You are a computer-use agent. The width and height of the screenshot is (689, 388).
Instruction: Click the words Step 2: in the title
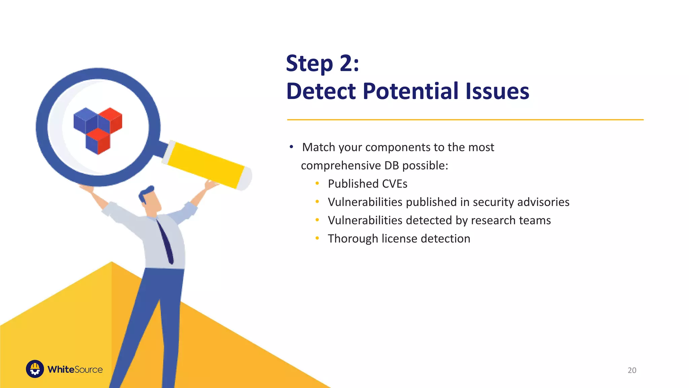[322, 63]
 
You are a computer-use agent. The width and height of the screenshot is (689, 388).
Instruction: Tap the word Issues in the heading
[497, 91]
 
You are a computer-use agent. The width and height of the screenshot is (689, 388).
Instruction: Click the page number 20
[632, 370]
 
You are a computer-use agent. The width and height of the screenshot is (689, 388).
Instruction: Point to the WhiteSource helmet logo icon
[35, 369]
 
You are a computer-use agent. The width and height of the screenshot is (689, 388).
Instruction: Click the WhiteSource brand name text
[75, 369]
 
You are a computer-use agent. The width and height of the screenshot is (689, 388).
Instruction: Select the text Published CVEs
[367, 184]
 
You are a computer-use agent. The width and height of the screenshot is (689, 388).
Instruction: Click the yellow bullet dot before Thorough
[317, 238]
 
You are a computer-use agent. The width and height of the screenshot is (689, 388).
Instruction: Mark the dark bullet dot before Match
[291, 147]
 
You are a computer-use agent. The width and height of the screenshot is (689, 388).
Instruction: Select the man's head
[150, 200]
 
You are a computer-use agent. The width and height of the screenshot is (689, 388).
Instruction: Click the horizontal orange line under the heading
[465, 120]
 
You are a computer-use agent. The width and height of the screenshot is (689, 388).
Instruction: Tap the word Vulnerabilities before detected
[365, 220]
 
